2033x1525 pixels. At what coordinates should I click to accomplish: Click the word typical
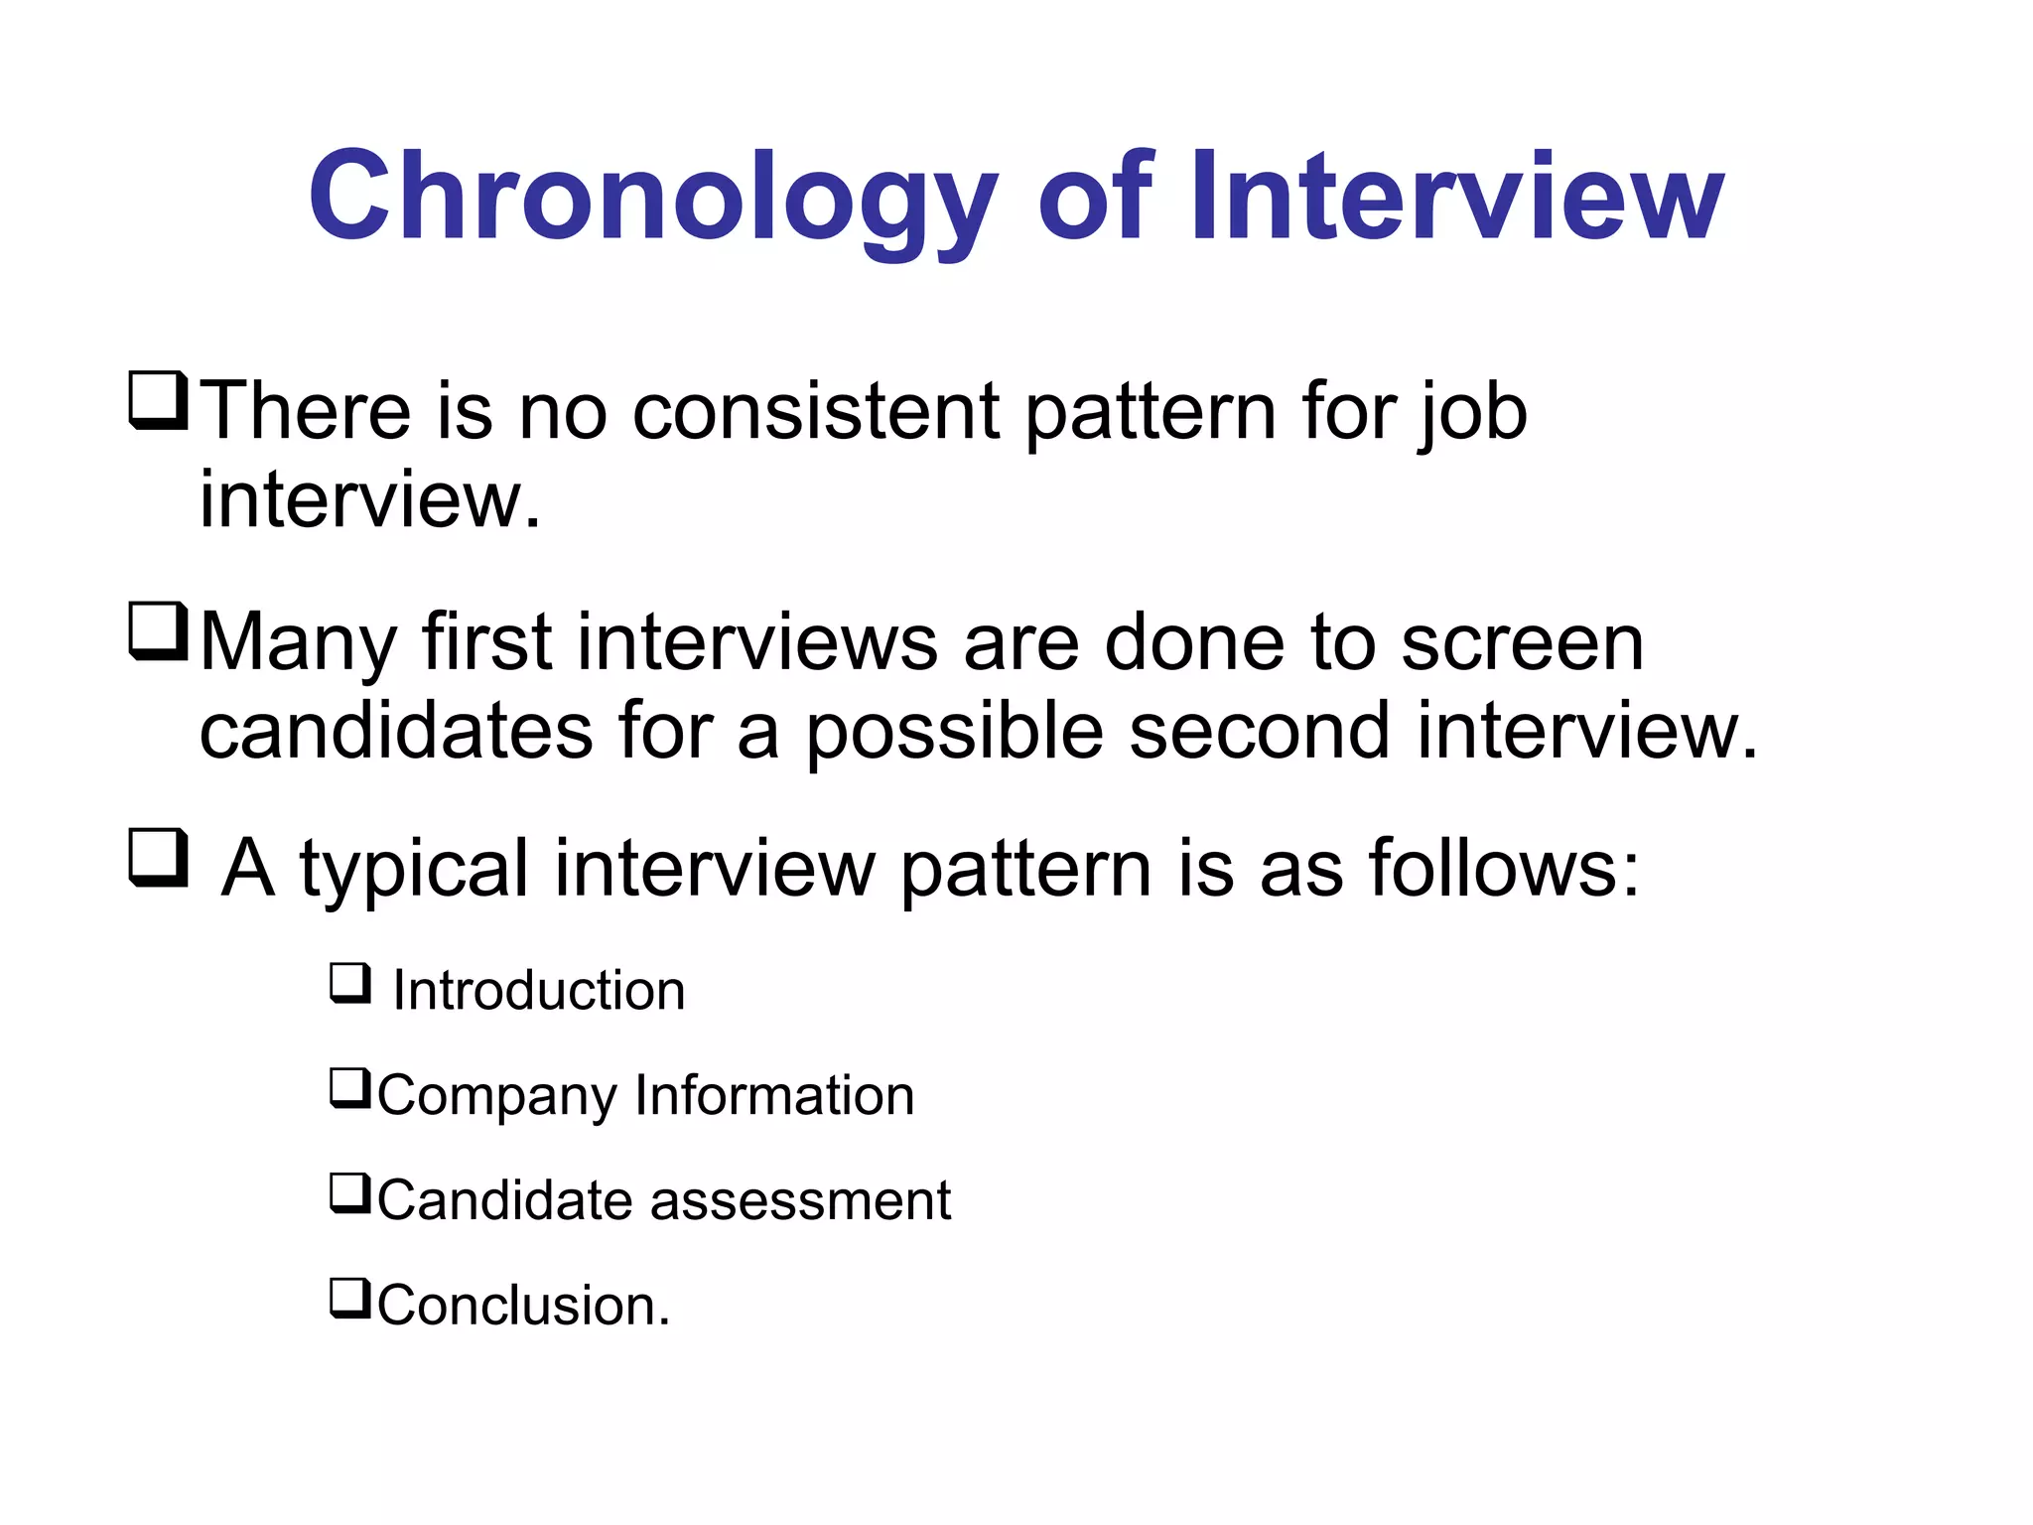coord(414,870)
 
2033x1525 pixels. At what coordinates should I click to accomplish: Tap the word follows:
coord(1504,868)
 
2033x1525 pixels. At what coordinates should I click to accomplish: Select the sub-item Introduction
coord(538,991)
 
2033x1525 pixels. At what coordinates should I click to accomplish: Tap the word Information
coord(774,1095)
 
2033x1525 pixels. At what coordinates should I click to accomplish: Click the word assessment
coord(800,1200)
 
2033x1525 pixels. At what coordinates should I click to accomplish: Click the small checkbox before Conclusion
coord(350,1299)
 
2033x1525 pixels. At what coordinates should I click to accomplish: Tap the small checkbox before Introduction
coord(350,984)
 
